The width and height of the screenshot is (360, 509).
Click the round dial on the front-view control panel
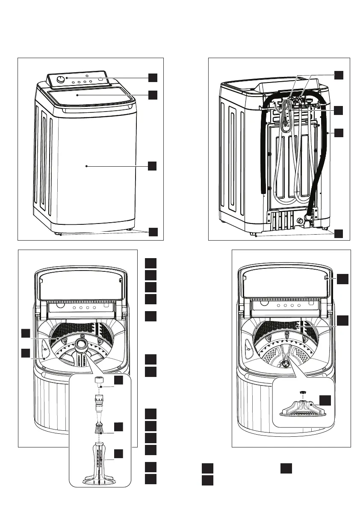click(x=61, y=79)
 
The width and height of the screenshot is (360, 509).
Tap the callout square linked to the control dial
click(x=153, y=77)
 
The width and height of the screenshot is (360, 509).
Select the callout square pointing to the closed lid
click(x=153, y=94)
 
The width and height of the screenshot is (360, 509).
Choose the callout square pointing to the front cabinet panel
click(x=153, y=166)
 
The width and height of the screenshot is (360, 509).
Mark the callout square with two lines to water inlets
click(x=339, y=74)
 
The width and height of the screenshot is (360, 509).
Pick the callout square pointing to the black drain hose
click(x=339, y=132)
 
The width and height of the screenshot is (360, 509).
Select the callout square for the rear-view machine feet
click(x=339, y=233)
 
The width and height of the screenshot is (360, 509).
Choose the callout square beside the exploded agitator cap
click(x=119, y=380)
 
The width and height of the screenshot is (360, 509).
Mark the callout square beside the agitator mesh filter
click(x=119, y=427)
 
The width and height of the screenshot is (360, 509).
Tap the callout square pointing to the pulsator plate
click(x=327, y=400)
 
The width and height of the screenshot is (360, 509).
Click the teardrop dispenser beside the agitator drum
click(x=45, y=348)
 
